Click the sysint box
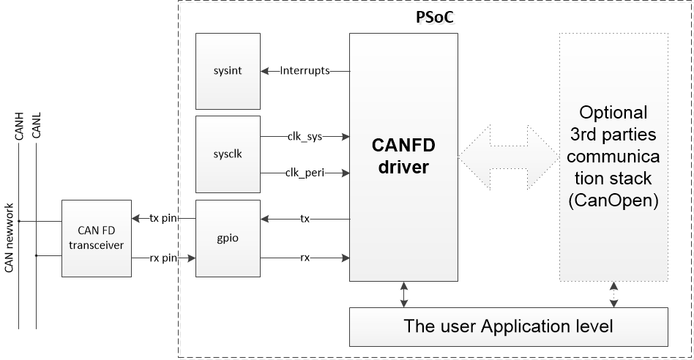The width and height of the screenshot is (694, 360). pyautogui.click(x=228, y=71)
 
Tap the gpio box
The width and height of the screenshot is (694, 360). pyautogui.click(x=228, y=238)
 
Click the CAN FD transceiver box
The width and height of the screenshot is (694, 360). pyautogui.click(x=97, y=238)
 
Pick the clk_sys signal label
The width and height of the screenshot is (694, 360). pyautogui.click(x=305, y=136)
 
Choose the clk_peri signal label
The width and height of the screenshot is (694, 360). pyautogui.click(x=305, y=173)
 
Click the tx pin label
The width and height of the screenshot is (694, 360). pyautogui.click(x=163, y=218)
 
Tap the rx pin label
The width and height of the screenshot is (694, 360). pyautogui.click(x=163, y=258)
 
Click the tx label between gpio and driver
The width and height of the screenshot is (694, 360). pyautogui.click(x=305, y=218)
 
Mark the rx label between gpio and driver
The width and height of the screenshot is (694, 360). pyautogui.click(x=305, y=258)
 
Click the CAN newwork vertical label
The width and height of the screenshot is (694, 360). pyautogui.click(x=10, y=236)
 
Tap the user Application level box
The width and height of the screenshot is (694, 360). pyautogui.click(x=509, y=326)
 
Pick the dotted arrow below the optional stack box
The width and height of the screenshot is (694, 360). pyautogui.click(x=613, y=294)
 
